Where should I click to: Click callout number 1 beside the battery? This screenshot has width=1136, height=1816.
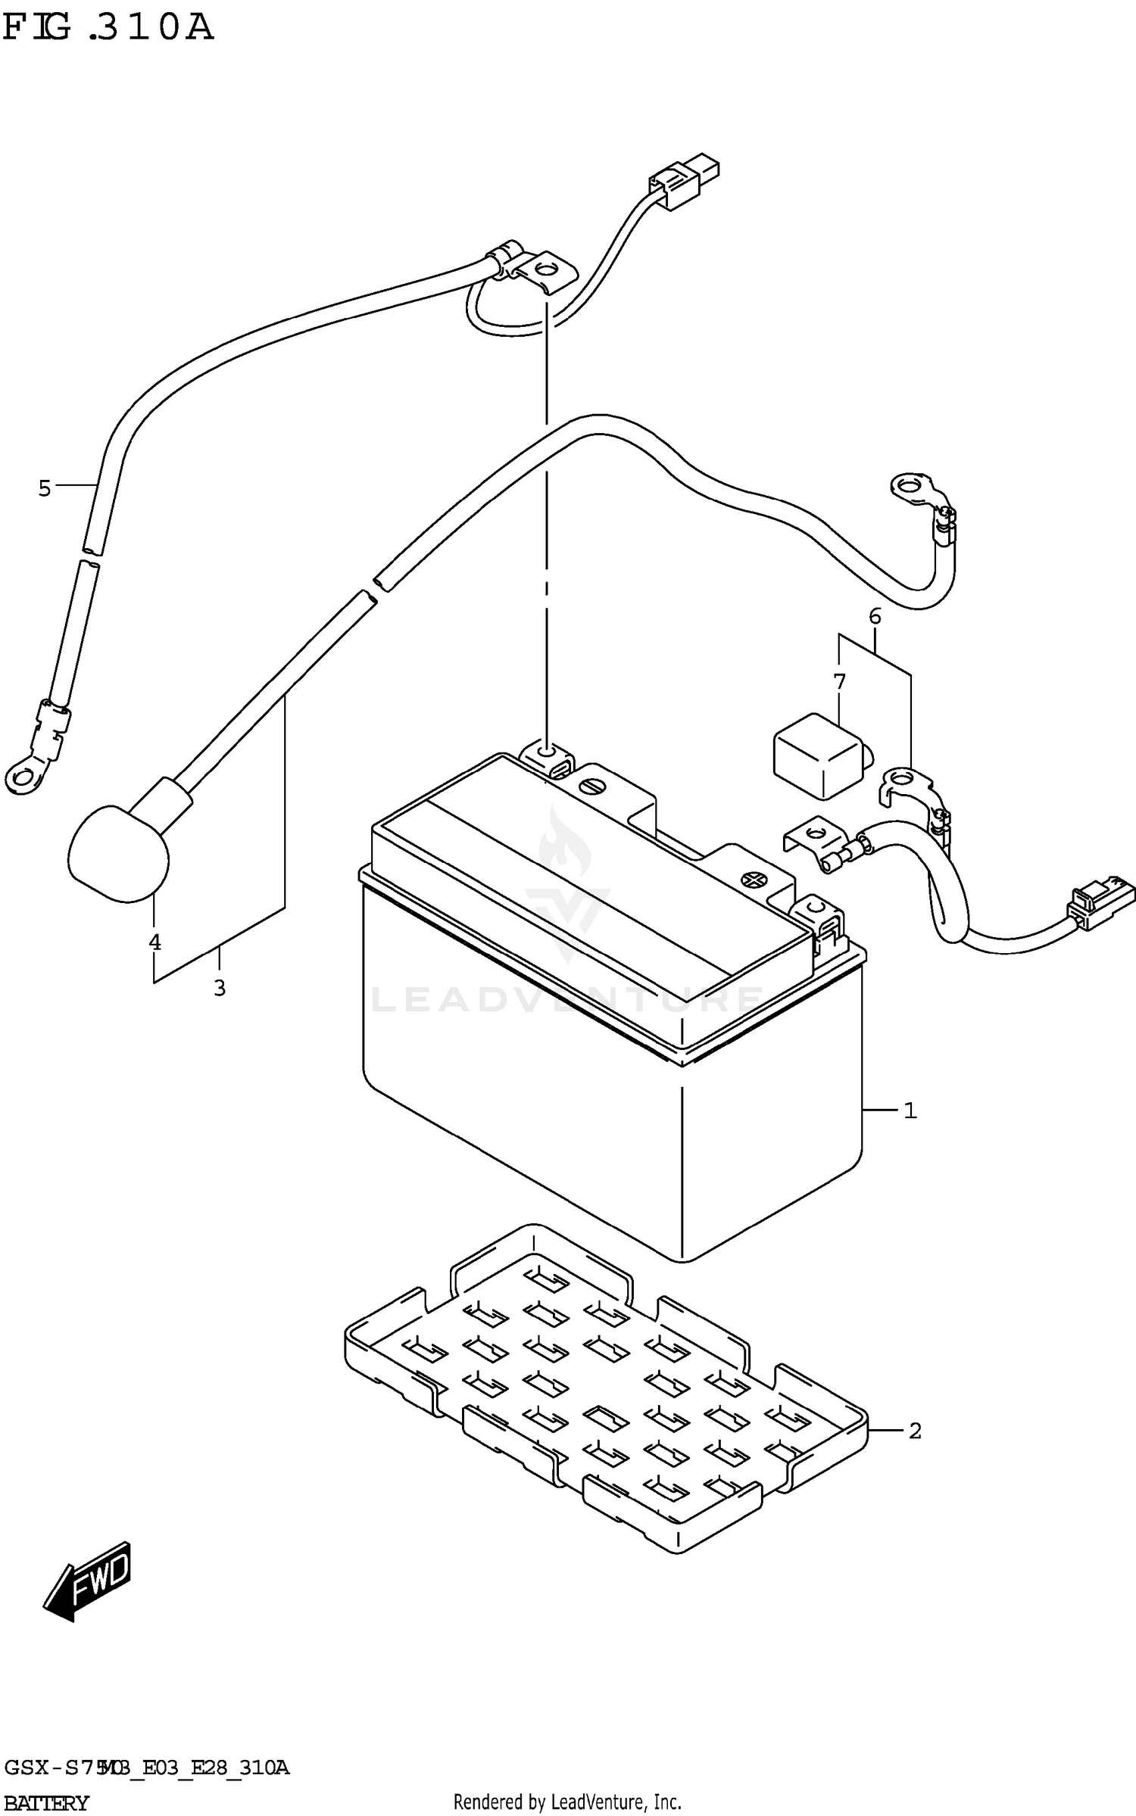(910, 1110)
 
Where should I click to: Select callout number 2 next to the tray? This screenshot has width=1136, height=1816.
(914, 1431)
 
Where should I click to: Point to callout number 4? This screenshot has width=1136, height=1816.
(154, 942)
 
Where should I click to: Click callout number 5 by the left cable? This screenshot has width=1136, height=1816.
(45, 488)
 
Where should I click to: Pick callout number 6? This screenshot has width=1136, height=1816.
(875, 616)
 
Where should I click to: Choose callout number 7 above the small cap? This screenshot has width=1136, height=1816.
(839, 681)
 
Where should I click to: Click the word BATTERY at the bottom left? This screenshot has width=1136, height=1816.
(45, 1802)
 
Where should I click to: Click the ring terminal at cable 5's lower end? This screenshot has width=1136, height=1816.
(23, 775)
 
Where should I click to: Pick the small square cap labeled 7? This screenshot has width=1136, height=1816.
(816, 755)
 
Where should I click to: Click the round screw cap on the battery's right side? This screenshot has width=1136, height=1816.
(751, 880)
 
